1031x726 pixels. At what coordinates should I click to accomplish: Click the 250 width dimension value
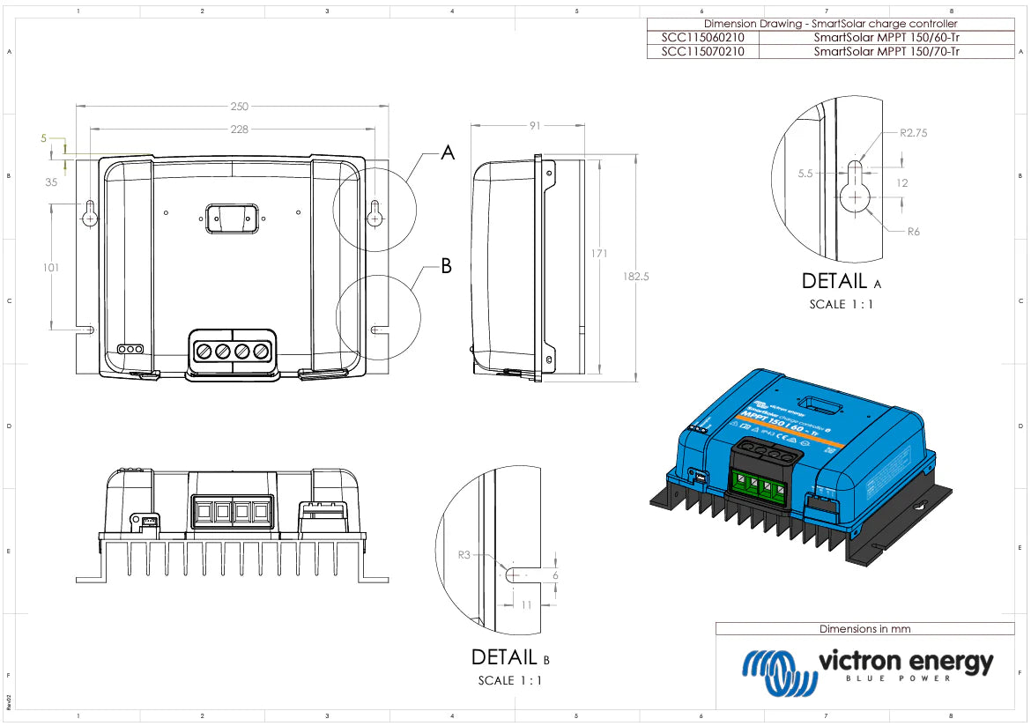tap(239, 107)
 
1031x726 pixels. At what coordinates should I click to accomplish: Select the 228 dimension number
tap(239, 130)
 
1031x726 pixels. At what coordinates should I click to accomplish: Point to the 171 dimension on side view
tap(599, 254)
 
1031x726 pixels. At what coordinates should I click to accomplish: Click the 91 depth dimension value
tap(535, 126)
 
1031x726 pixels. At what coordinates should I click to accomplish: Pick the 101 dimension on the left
tap(51, 267)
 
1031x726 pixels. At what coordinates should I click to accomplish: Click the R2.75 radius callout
tap(914, 133)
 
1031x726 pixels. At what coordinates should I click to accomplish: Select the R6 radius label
tap(914, 233)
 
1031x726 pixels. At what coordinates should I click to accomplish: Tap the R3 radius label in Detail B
tap(464, 556)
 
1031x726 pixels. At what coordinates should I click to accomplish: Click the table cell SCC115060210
tap(702, 38)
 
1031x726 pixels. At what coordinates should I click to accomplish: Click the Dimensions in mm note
tap(864, 629)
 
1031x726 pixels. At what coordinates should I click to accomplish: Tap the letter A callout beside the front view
tap(448, 153)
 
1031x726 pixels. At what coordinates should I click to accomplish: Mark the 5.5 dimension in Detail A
tap(805, 174)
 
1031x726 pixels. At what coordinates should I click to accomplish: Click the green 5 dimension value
tap(43, 138)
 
